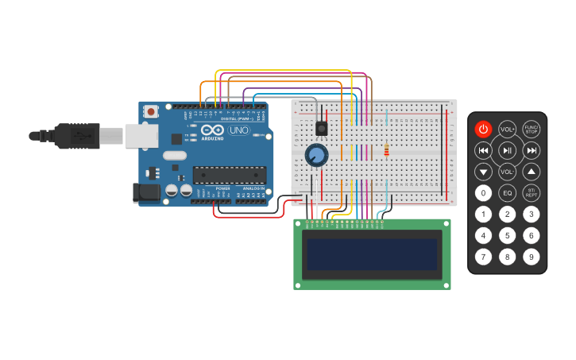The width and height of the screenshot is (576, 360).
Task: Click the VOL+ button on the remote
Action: (x=507, y=129)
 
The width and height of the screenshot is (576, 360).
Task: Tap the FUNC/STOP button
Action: (x=531, y=129)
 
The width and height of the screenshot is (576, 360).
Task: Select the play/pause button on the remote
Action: (x=507, y=150)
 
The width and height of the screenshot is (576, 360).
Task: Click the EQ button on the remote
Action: (x=507, y=192)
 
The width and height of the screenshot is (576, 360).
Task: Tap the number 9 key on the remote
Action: (x=531, y=257)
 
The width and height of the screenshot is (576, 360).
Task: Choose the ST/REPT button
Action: (x=531, y=192)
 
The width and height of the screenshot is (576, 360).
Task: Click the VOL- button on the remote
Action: (x=507, y=171)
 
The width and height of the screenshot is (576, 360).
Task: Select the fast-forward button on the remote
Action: (x=531, y=150)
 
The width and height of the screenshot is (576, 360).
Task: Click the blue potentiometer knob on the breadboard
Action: (x=316, y=155)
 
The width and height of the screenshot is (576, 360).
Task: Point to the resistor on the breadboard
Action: (x=387, y=149)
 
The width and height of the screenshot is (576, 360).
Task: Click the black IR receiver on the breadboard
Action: (x=322, y=127)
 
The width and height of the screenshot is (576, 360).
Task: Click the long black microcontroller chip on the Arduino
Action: (x=230, y=174)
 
